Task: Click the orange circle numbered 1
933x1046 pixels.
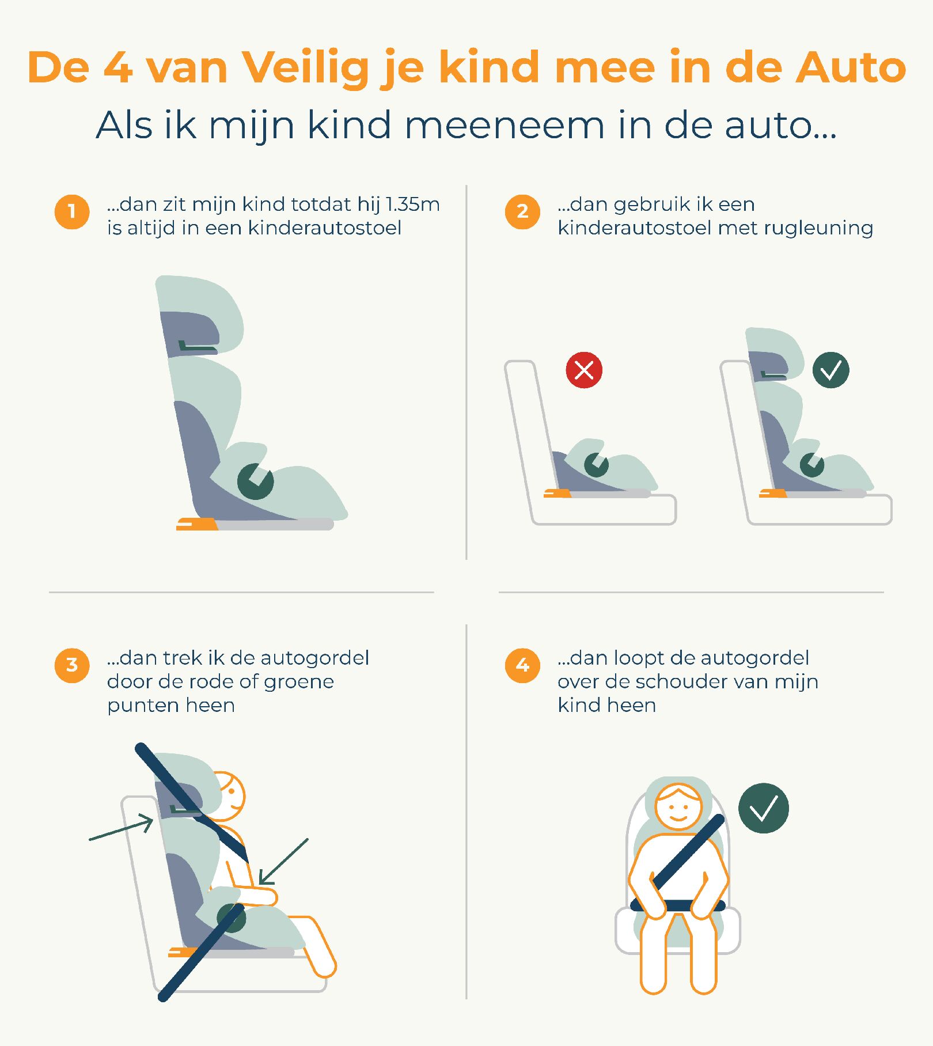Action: (x=72, y=211)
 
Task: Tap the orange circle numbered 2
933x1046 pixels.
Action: (x=522, y=211)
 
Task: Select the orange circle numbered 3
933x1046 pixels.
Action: (x=72, y=665)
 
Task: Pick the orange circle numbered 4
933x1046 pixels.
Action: (x=522, y=665)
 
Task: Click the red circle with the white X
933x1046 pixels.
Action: (x=584, y=370)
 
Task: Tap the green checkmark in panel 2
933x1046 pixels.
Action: (x=830, y=370)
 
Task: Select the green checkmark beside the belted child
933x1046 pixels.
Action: (x=764, y=808)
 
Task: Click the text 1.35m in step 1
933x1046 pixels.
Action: (x=412, y=204)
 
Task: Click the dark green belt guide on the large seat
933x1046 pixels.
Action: (x=255, y=482)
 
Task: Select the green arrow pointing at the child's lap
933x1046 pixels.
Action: (x=283, y=862)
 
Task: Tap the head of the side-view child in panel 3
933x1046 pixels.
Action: (x=227, y=796)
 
